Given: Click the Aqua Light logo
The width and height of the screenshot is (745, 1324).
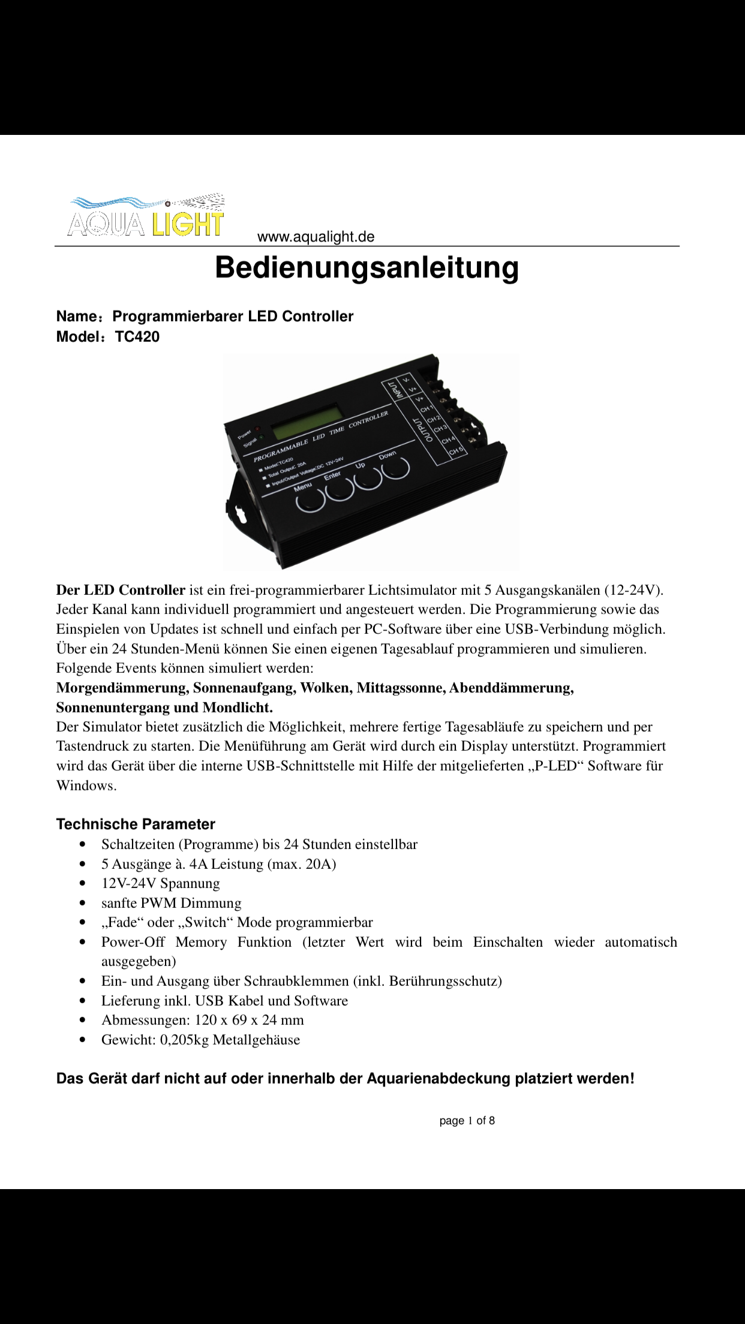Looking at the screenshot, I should [146, 215].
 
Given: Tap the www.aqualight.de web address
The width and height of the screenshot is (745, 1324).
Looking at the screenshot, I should [316, 237].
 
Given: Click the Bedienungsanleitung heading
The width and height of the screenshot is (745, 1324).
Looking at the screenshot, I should [367, 267].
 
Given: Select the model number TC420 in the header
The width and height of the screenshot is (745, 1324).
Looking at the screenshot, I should [137, 337].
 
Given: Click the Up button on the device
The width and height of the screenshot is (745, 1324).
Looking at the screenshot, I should [368, 477].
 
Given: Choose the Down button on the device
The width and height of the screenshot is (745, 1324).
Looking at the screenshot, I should [396, 465].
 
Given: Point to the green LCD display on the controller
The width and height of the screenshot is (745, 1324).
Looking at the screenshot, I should [307, 422].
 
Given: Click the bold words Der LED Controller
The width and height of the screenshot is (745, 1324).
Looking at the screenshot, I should [121, 590].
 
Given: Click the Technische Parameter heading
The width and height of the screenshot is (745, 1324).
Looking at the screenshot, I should [136, 824].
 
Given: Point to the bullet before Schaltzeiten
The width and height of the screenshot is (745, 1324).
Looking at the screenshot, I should [83, 845].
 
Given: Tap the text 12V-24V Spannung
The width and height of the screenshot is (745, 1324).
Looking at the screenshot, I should [160, 883].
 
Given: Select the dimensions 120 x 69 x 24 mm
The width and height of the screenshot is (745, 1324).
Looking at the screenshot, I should [249, 1020].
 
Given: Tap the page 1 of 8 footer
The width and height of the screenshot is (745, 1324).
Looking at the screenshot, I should [467, 1121].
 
